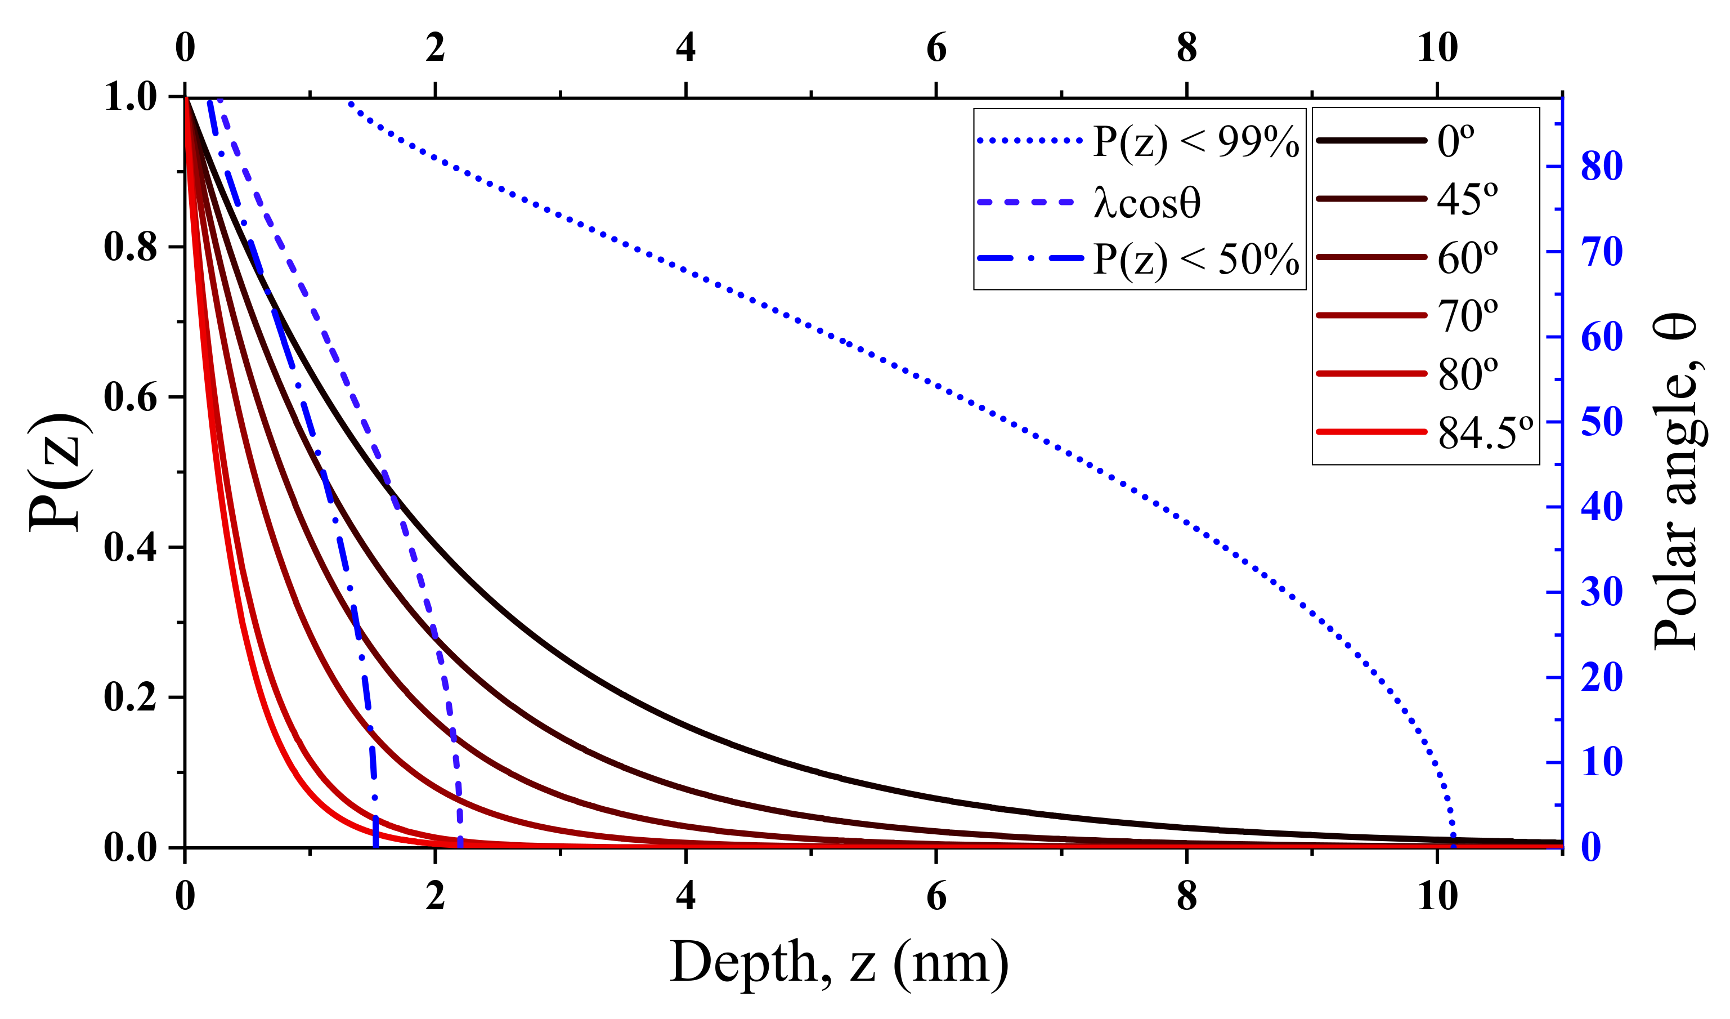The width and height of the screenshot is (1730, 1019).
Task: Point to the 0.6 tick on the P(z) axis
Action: point(131,397)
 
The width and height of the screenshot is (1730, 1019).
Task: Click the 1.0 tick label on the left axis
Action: point(131,97)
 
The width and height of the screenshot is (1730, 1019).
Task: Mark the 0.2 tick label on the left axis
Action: point(131,698)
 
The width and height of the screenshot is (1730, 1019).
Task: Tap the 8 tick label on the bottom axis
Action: point(1187,896)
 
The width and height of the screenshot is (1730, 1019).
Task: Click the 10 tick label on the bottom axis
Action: point(1437,896)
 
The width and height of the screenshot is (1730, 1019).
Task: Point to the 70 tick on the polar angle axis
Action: point(1602,252)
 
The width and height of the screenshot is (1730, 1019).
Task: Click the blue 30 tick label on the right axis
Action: point(1602,592)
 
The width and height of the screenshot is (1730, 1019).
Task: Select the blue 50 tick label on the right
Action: point(1602,422)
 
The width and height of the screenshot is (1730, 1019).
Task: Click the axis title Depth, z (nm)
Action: point(839,963)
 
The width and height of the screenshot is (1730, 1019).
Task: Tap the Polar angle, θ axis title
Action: point(1675,481)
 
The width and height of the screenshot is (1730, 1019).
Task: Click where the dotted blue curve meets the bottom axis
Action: point(1453,846)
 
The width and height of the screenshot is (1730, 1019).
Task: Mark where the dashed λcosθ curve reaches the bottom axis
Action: point(460,846)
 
